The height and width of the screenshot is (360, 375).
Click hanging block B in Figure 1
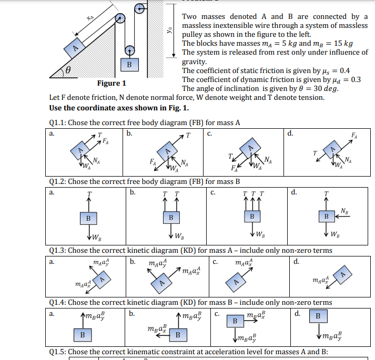129,65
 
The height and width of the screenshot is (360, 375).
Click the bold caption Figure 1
112,84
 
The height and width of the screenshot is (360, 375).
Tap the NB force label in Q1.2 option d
344,211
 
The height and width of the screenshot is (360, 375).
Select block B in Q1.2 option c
252,217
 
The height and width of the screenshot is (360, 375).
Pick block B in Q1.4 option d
318,316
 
